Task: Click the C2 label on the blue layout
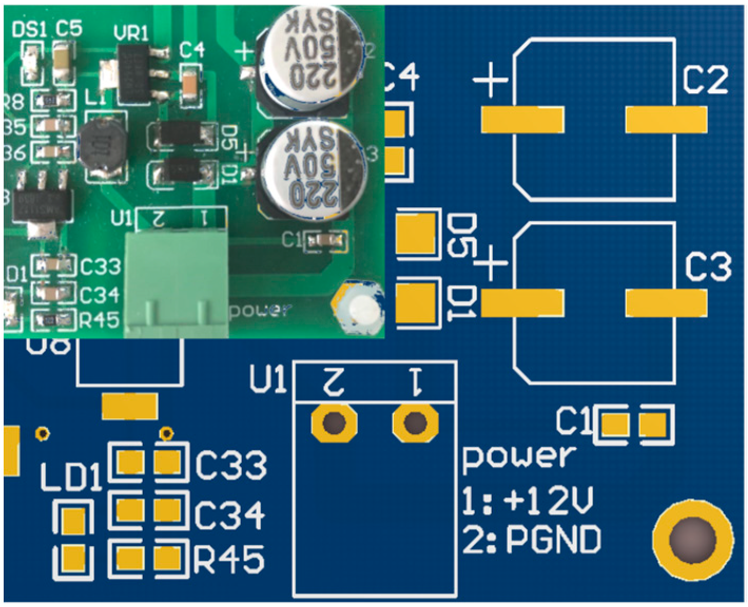[705, 80]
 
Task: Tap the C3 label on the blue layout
[708, 266]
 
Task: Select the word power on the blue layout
[518, 457]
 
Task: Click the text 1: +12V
[528, 500]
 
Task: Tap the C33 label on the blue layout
[231, 465]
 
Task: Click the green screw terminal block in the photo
[177, 285]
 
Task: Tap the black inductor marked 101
[103, 146]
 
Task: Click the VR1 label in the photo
[131, 34]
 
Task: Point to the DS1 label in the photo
[29, 30]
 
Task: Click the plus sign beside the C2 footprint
[490, 80]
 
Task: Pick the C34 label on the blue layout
[230, 514]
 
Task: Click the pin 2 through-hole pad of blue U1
[334, 422]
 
